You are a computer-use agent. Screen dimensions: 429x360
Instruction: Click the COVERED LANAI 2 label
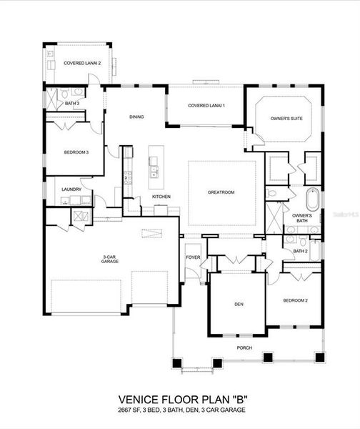pyautogui.click(x=82, y=63)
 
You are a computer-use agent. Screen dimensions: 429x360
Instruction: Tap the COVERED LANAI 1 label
pyautogui.click(x=206, y=106)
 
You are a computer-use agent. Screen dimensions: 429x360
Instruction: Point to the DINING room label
pyautogui.click(x=136, y=117)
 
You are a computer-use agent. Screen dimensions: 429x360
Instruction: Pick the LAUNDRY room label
pyautogui.click(x=71, y=189)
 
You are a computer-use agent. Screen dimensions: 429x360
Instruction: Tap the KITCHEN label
pyautogui.click(x=161, y=197)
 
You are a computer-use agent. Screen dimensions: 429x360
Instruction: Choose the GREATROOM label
pyautogui.click(x=221, y=192)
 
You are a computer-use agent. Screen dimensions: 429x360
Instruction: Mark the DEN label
pyautogui.click(x=239, y=304)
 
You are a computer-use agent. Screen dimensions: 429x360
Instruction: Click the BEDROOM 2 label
pyautogui.click(x=295, y=300)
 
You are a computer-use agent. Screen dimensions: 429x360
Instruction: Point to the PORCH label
pyautogui.click(x=245, y=347)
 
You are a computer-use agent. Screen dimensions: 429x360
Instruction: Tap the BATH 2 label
pyautogui.click(x=300, y=251)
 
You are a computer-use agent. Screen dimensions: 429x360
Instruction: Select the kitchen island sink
pyautogui.click(x=154, y=173)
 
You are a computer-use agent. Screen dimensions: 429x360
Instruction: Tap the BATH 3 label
pyautogui.click(x=72, y=104)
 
